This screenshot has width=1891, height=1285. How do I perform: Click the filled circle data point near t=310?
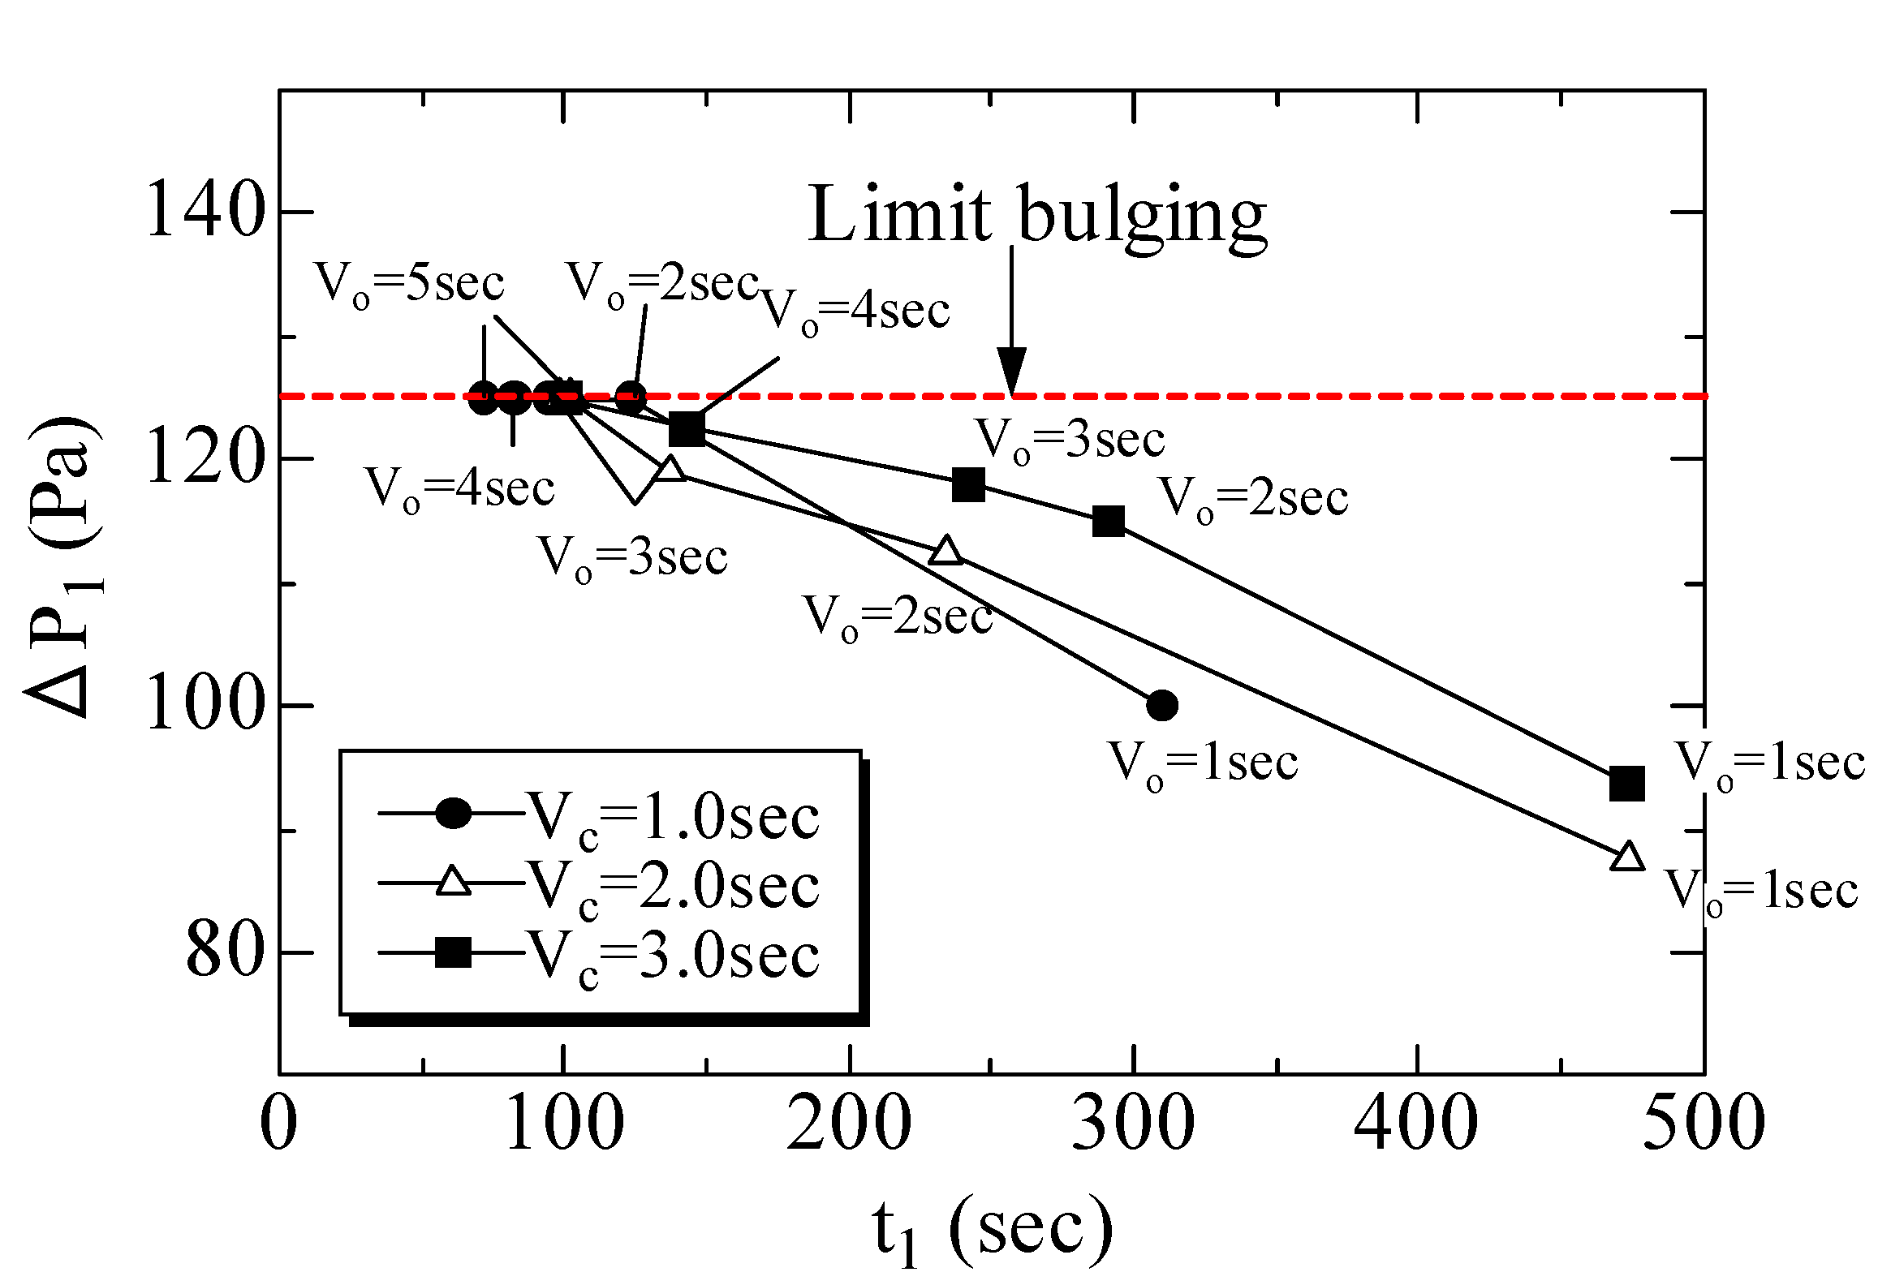pyautogui.click(x=1162, y=705)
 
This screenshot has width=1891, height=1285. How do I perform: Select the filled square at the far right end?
pyautogui.click(x=1627, y=784)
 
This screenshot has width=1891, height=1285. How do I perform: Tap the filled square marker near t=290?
pyautogui.click(x=1109, y=522)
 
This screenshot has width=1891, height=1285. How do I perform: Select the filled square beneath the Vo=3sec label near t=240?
pyautogui.click(x=968, y=485)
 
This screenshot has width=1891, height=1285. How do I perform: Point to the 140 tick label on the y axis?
pyautogui.click(x=206, y=212)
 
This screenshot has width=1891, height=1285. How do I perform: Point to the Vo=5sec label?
pyautogui.click(x=409, y=284)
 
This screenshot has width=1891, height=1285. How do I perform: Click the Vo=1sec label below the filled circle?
pyautogui.click(x=1203, y=764)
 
